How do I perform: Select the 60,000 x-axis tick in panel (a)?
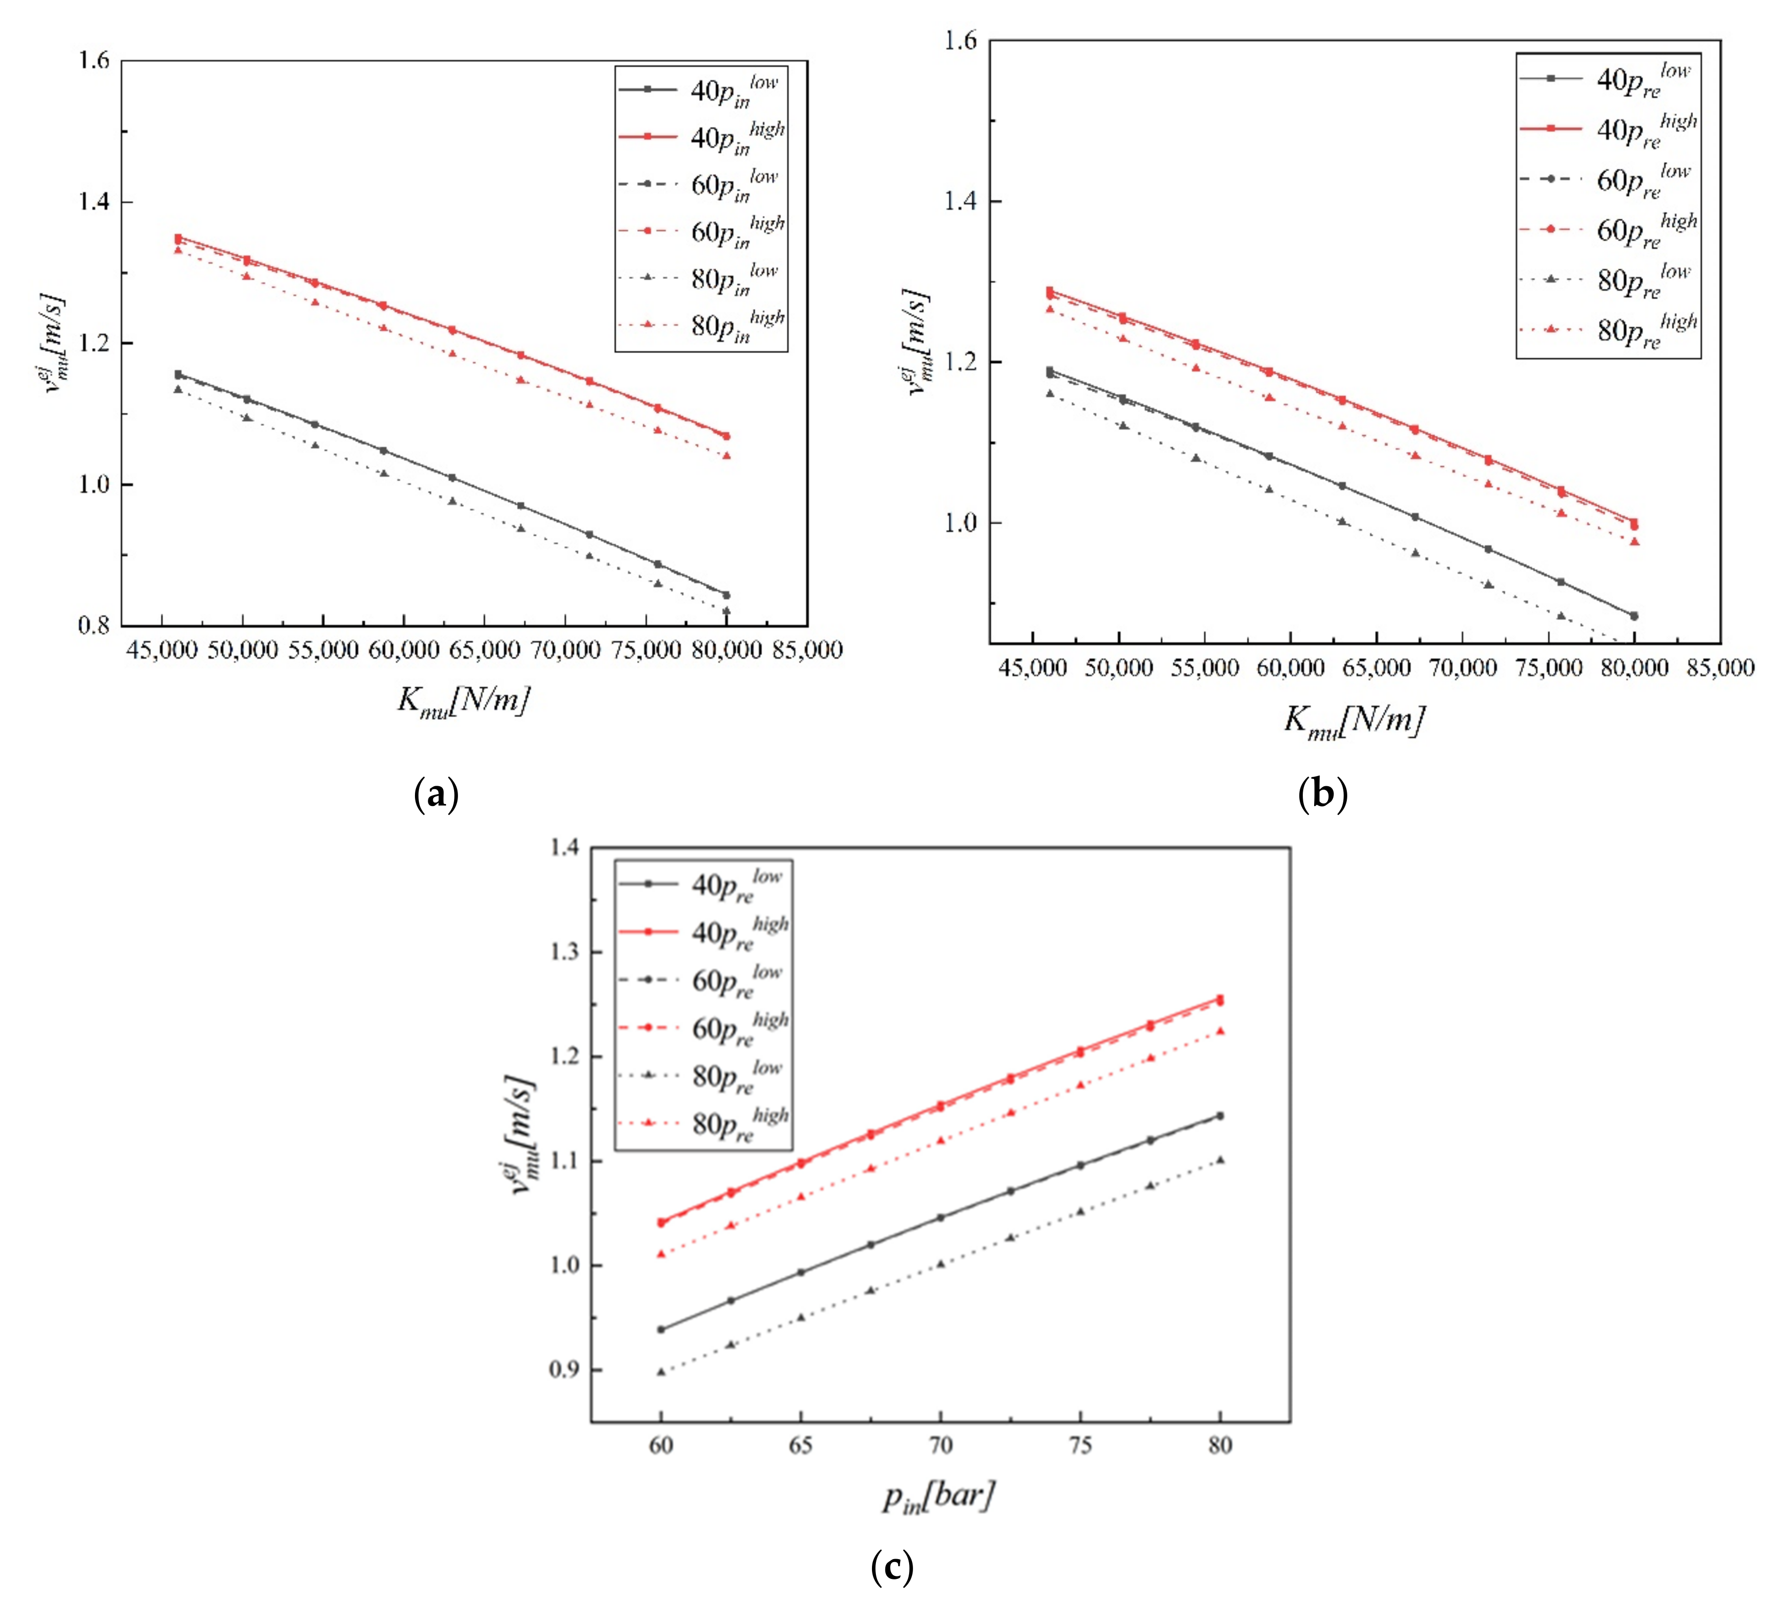(403, 650)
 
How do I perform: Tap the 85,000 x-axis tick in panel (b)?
(1720, 668)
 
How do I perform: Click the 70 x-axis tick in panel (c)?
(940, 1446)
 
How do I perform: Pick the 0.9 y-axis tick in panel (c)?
(564, 1370)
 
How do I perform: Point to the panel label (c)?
(892, 1567)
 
